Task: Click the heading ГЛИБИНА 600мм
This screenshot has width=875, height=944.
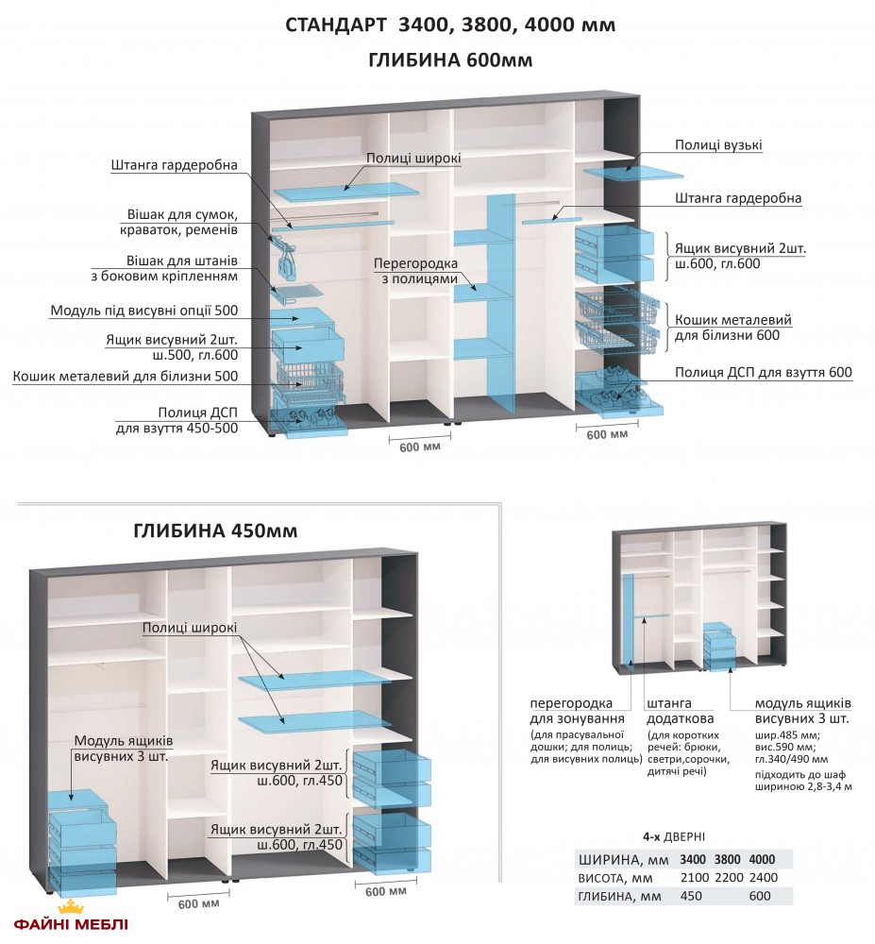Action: tap(450, 61)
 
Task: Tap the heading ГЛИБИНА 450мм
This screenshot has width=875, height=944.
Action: tap(216, 531)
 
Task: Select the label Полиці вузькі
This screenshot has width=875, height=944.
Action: tap(718, 145)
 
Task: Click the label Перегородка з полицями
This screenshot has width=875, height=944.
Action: tap(415, 271)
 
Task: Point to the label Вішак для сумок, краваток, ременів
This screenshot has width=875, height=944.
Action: tap(179, 222)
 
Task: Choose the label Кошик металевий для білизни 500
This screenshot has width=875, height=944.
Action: tap(126, 377)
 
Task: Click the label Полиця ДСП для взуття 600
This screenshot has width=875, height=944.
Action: tap(764, 373)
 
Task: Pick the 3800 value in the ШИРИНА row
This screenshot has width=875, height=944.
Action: tap(727, 859)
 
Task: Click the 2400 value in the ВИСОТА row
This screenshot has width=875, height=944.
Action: tap(762, 877)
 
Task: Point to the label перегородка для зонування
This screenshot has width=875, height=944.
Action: tap(571, 711)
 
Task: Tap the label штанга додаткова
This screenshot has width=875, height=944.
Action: tap(669, 711)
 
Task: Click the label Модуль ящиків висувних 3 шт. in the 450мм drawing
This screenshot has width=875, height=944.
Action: tap(122, 748)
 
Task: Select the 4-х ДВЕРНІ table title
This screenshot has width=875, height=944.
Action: tap(672, 837)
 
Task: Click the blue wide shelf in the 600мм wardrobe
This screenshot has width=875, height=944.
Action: tap(346, 192)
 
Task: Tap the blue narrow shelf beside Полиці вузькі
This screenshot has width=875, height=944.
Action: tap(633, 173)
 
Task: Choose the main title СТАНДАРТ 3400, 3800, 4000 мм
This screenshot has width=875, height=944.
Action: tap(450, 25)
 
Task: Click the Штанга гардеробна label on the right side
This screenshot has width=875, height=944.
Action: tap(738, 199)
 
